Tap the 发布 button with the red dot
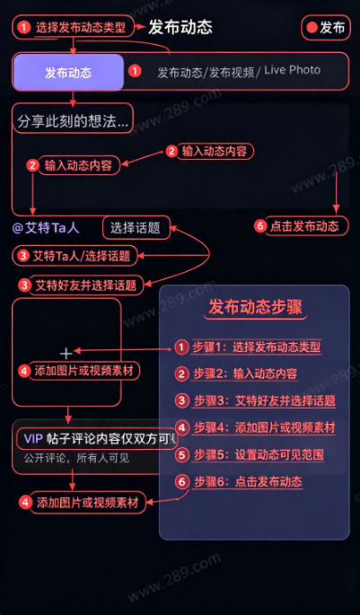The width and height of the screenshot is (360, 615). (326, 28)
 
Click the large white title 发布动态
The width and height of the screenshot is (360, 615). (180, 28)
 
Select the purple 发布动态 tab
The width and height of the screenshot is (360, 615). (68, 73)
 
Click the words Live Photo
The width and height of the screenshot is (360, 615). (292, 70)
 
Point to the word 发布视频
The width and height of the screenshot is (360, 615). (232, 73)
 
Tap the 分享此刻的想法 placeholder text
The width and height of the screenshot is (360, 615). (73, 122)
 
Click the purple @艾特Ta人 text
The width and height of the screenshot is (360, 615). (46, 228)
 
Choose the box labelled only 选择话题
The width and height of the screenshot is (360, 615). (136, 227)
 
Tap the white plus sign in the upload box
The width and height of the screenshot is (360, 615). (66, 354)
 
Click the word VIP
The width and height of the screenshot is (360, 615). (33, 438)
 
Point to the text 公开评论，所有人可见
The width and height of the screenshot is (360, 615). (76, 458)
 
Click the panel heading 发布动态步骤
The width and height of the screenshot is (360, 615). (255, 307)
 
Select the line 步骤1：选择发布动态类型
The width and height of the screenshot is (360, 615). (257, 347)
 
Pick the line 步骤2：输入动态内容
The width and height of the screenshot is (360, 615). (245, 373)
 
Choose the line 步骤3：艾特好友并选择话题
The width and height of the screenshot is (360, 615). (265, 400)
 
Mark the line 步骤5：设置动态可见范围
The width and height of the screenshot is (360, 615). (259, 454)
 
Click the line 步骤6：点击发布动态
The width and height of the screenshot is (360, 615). (249, 481)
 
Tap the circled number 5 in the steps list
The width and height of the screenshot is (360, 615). (181, 454)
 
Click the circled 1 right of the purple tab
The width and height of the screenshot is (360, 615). (135, 72)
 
